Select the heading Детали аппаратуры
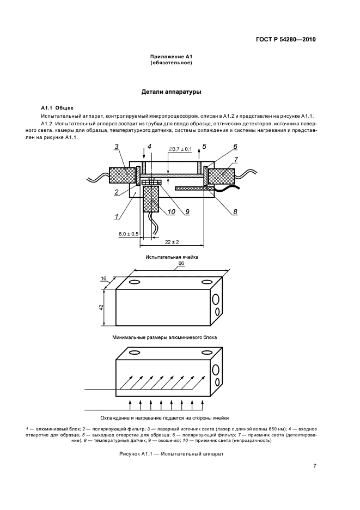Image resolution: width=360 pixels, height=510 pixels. click(172, 92)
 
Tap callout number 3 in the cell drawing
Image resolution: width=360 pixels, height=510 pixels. click(117, 147)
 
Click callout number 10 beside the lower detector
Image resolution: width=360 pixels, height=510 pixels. click(172, 212)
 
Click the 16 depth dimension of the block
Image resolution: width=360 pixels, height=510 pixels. click(104, 277)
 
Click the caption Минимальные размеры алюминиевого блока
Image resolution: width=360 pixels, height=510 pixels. click(164, 337)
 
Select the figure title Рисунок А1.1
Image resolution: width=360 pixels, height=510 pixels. click(172, 453)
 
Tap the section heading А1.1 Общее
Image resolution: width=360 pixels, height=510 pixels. click(57, 107)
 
